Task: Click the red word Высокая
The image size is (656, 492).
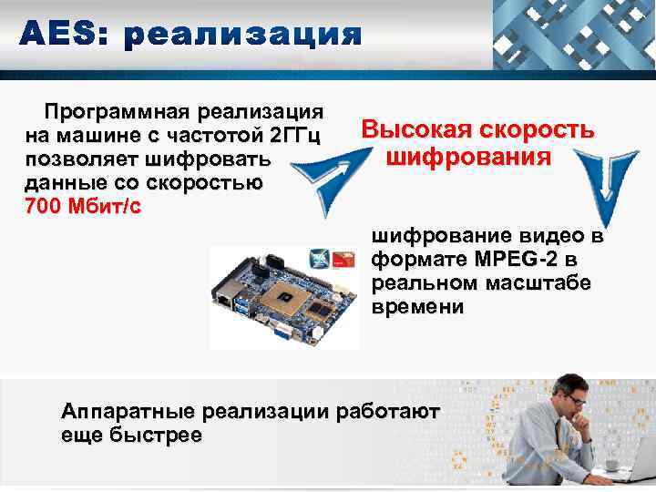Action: (416, 130)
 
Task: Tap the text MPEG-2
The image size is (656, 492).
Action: (489, 261)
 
